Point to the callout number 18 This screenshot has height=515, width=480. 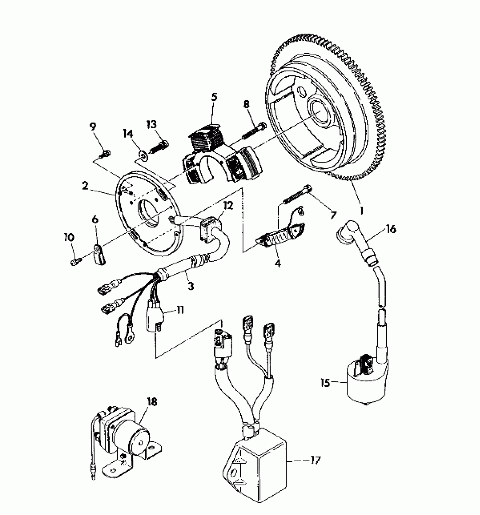[152, 402]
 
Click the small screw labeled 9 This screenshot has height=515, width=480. [106, 154]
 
